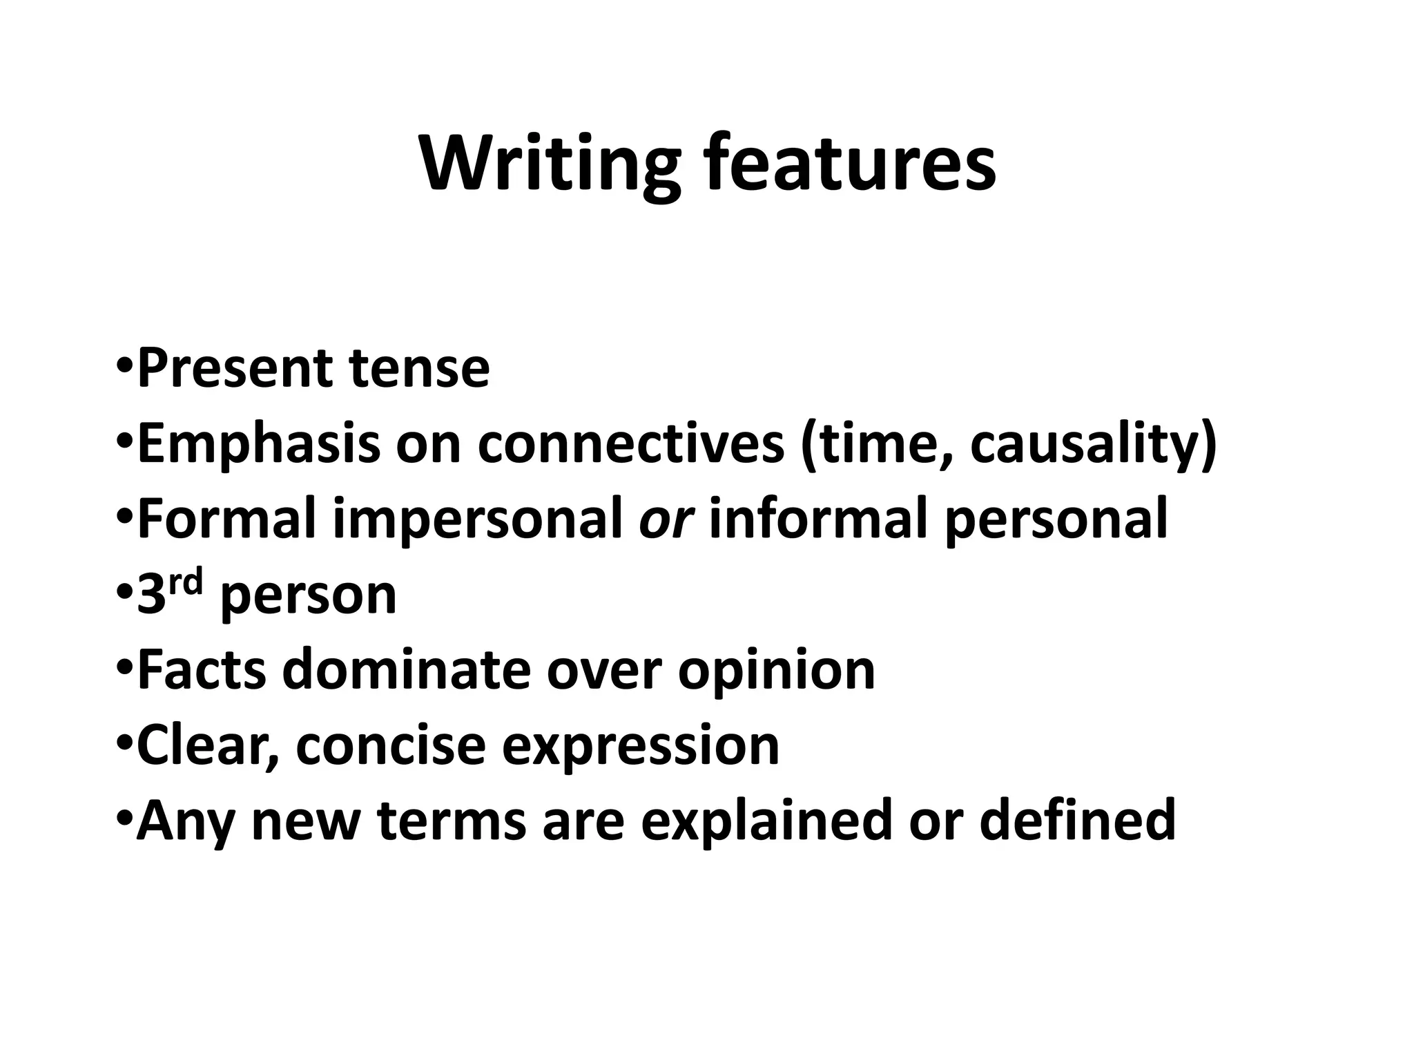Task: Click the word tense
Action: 419,369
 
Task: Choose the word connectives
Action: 631,444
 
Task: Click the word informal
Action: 817,519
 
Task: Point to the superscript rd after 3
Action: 186,584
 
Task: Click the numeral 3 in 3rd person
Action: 151,595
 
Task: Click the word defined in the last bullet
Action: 1077,820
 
